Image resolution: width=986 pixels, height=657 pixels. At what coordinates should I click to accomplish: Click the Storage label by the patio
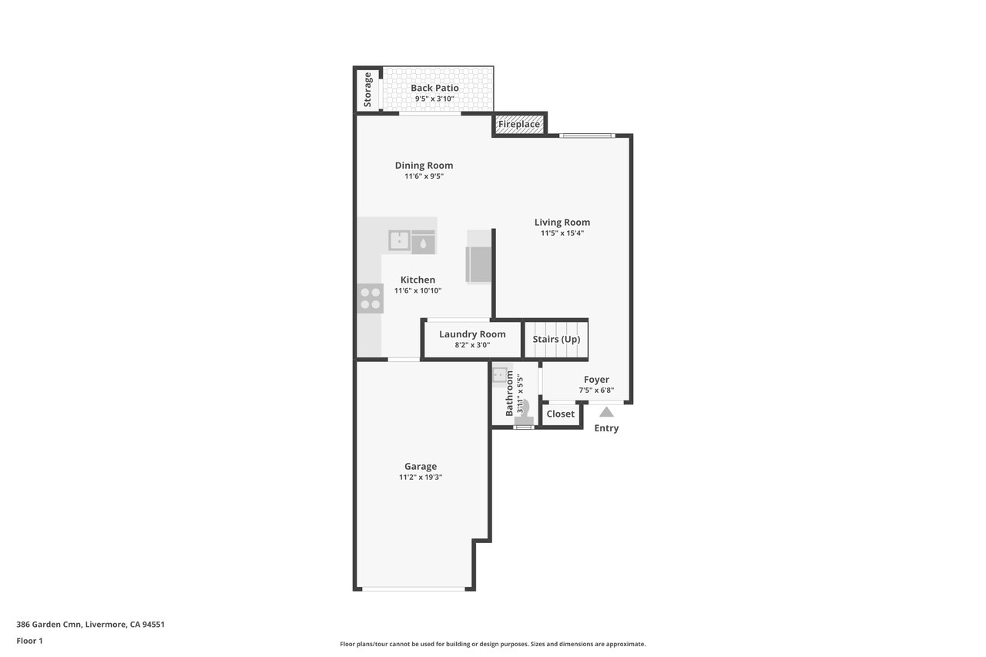tap(367, 90)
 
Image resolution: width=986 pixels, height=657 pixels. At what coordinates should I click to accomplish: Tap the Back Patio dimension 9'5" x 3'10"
tap(434, 99)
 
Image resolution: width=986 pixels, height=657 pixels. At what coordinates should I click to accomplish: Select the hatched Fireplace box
tap(519, 124)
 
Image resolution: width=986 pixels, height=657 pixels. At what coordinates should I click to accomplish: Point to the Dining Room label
tap(424, 166)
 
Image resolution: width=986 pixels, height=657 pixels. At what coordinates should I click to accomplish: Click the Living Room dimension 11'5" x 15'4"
tap(562, 233)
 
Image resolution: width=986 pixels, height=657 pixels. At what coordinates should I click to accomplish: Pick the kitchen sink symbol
tap(399, 241)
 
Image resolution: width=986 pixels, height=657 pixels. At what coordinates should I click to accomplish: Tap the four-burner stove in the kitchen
tap(371, 298)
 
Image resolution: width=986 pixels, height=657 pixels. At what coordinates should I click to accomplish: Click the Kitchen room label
tap(418, 280)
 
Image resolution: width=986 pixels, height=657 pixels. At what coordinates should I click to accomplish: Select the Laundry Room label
tap(472, 334)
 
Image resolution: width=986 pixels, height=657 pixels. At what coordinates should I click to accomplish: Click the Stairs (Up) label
tap(556, 339)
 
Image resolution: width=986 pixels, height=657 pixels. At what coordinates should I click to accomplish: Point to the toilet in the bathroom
tap(524, 413)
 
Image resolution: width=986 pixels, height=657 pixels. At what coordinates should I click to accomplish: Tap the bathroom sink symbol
tap(500, 375)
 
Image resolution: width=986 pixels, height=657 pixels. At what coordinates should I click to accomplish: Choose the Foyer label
tap(596, 379)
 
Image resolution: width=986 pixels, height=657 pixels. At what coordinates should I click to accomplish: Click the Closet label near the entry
tap(560, 414)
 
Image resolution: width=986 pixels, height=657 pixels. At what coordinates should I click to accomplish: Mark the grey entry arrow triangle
tap(606, 412)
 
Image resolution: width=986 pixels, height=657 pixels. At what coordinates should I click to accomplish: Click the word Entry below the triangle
tap(606, 428)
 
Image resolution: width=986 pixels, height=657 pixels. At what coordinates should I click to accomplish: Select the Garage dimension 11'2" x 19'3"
tap(421, 477)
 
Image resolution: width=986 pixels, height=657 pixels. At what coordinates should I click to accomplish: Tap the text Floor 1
tap(29, 641)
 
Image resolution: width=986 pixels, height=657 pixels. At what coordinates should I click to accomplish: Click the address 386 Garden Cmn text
tap(49, 624)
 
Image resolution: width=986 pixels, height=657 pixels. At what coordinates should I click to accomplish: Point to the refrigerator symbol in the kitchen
tap(478, 264)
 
